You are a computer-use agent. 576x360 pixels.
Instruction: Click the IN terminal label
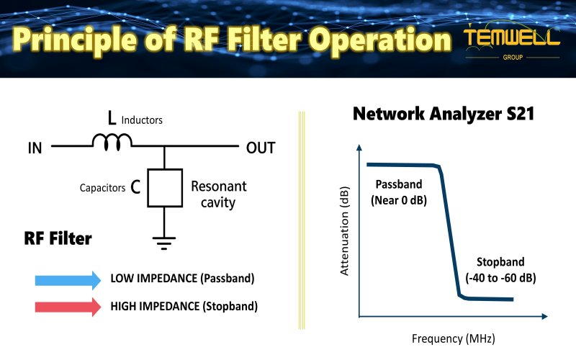[x=35, y=148]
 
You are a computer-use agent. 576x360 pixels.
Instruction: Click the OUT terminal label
[x=261, y=148]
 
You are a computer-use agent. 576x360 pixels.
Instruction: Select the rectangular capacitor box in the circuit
[x=165, y=188]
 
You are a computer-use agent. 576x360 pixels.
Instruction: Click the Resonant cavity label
[x=218, y=194]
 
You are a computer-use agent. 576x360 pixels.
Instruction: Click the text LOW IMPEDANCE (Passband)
[x=182, y=279]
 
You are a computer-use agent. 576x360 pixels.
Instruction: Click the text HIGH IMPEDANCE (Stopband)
[x=184, y=306]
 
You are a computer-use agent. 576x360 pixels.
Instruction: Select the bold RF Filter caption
[x=58, y=238]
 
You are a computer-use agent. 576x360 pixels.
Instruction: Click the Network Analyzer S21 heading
[x=443, y=114]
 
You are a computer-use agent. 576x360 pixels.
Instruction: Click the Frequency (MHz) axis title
[x=453, y=338]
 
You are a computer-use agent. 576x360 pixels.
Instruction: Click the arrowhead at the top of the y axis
[x=358, y=148]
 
